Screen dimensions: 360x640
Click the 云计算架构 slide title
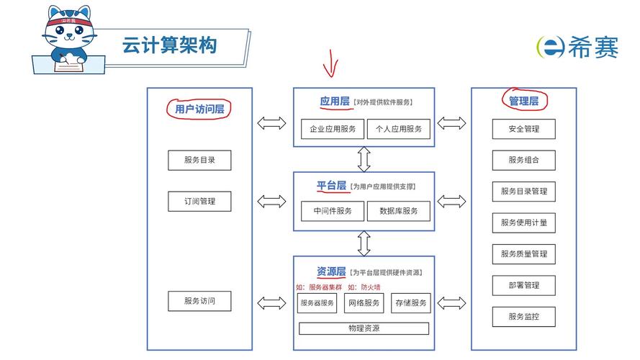coord(169,45)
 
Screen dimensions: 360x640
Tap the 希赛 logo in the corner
coord(577,47)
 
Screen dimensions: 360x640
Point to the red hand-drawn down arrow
coord(330,63)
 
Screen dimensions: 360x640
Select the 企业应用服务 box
coord(332,129)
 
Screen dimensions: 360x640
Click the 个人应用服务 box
coord(398,129)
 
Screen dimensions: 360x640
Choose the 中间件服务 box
coord(332,211)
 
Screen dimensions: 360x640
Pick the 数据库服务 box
coord(398,211)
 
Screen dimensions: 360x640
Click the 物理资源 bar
coord(364,328)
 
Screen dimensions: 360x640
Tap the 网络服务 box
coord(364,303)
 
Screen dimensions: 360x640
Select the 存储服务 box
coord(410,303)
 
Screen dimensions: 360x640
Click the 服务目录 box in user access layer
coord(199,160)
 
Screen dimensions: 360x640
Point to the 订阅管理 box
coord(199,202)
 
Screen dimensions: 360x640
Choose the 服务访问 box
coord(199,301)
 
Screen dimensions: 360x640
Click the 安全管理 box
coord(523,129)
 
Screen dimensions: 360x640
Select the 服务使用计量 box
coord(523,222)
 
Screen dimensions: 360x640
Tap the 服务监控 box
coord(523,317)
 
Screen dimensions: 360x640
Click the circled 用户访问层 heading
coord(199,109)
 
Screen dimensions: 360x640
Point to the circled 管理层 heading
coord(523,101)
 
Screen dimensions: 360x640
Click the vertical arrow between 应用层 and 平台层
coord(364,158)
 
